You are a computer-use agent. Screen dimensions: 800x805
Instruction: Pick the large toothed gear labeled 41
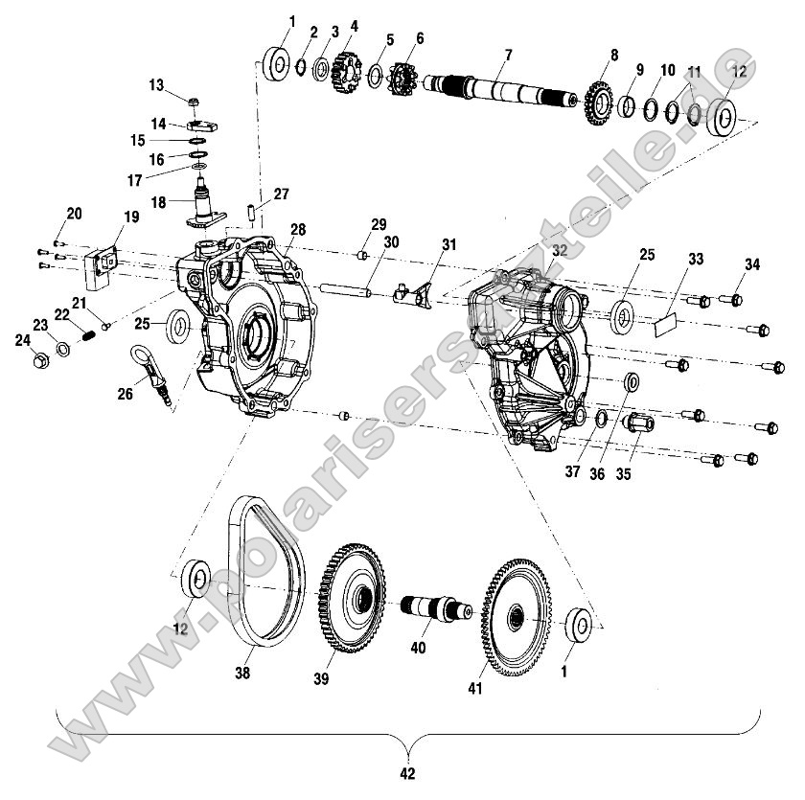tap(517, 623)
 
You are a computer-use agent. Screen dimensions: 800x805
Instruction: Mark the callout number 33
tap(696, 259)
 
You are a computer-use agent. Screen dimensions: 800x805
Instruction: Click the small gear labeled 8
tap(598, 101)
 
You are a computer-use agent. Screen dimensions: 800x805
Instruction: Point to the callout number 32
tap(560, 251)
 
